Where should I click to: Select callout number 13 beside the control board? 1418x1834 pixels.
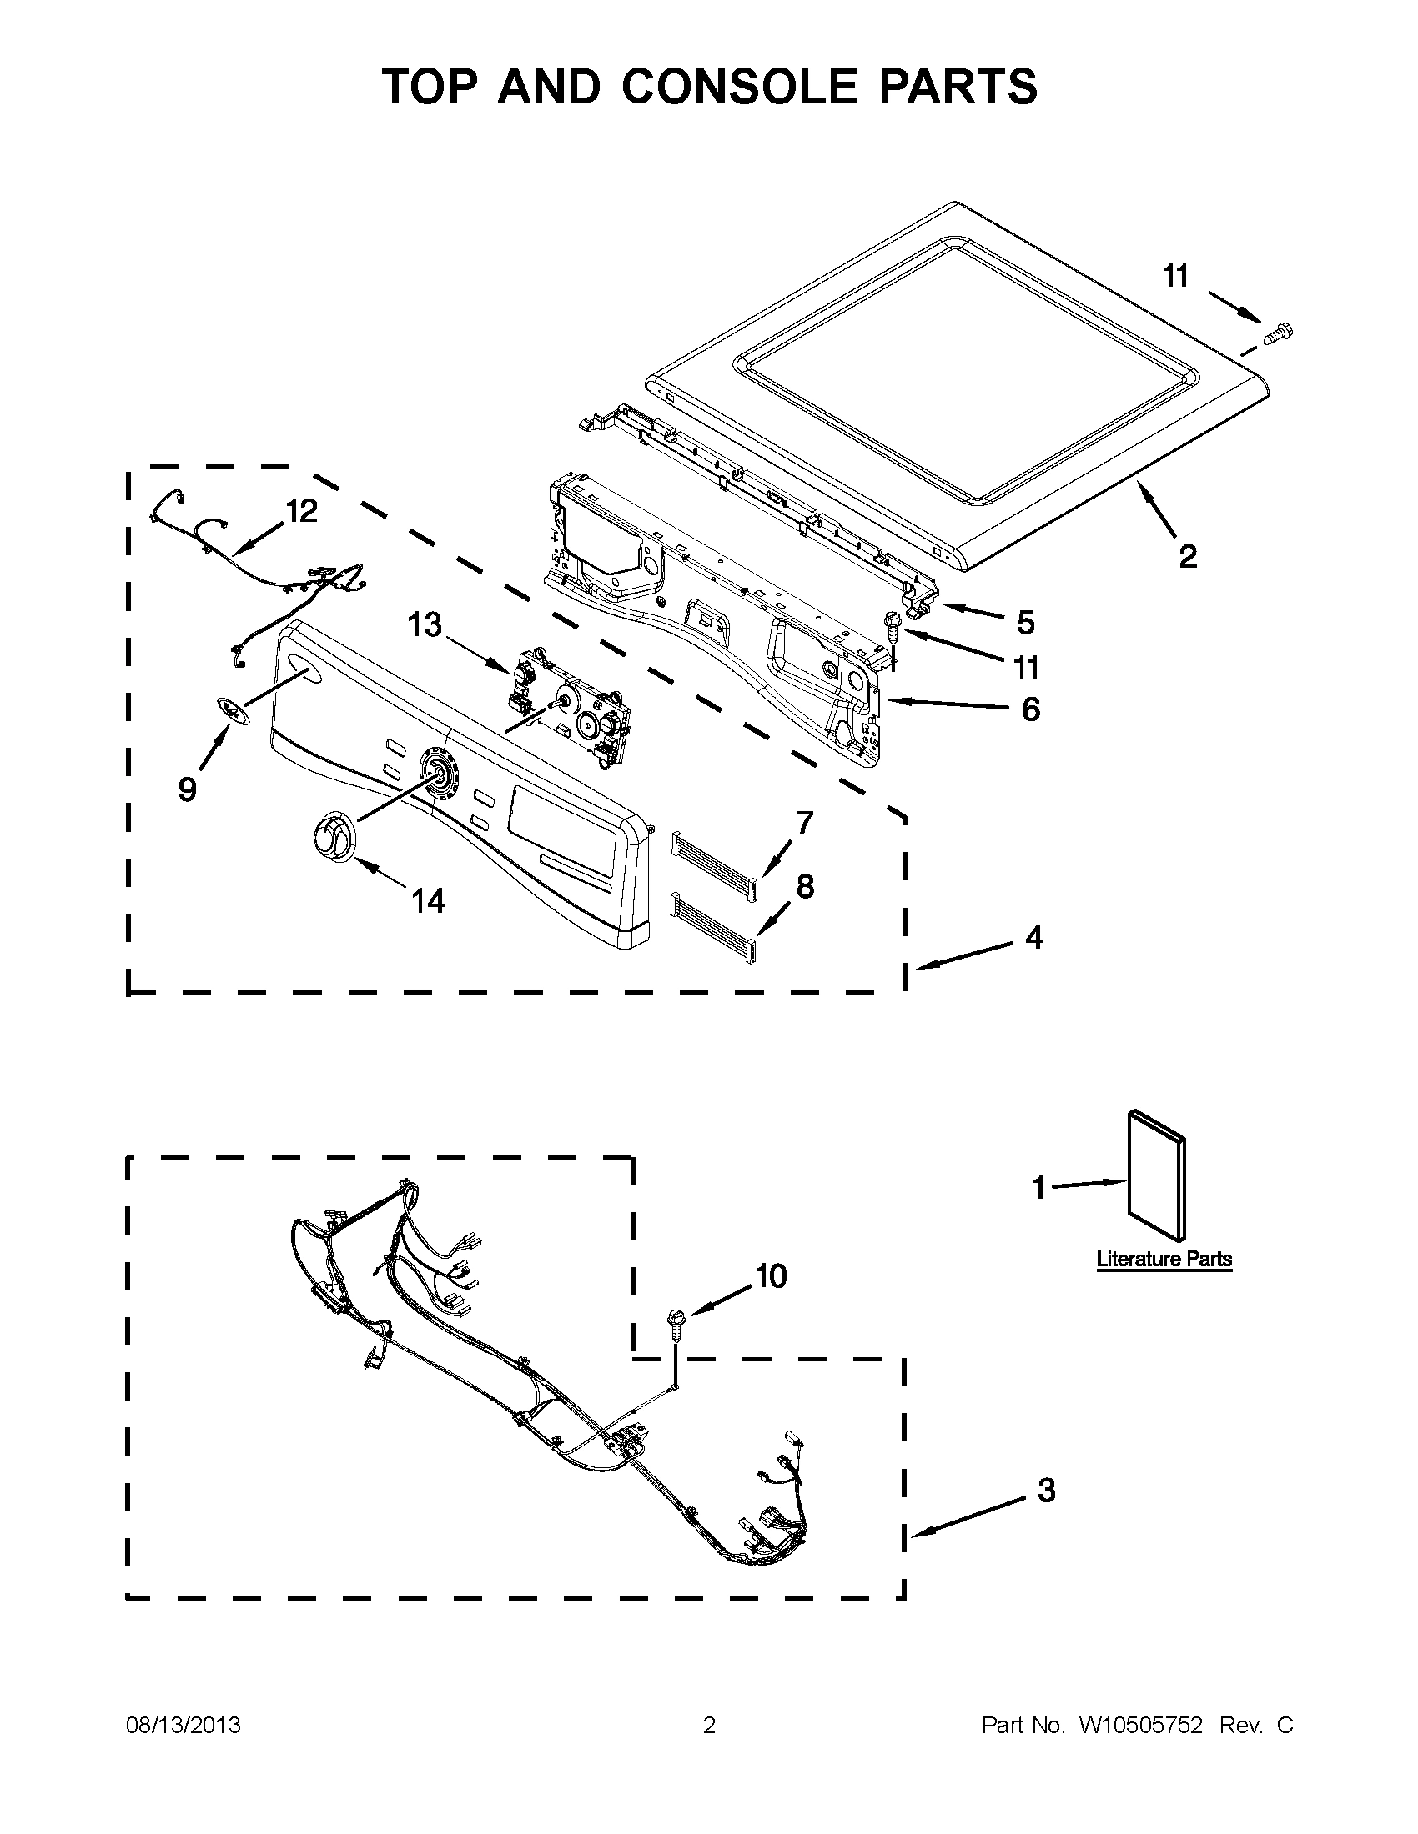click(425, 624)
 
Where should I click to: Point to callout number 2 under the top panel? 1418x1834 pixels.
click(1187, 555)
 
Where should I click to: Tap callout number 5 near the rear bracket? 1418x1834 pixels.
click(1025, 622)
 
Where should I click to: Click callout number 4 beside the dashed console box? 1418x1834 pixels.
click(1034, 937)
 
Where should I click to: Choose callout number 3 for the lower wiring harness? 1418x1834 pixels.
click(1046, 1491)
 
